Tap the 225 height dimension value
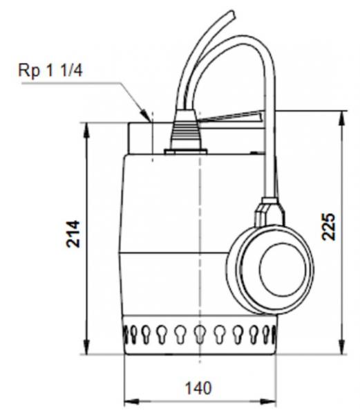pyautogui.click(x=330, y=226)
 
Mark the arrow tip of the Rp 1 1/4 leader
pyautogui.click(x=148, y=119)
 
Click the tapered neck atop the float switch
pyautogui.click(x=271, y=211)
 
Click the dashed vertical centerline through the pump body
pyautogui.click(x=200, y=242)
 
